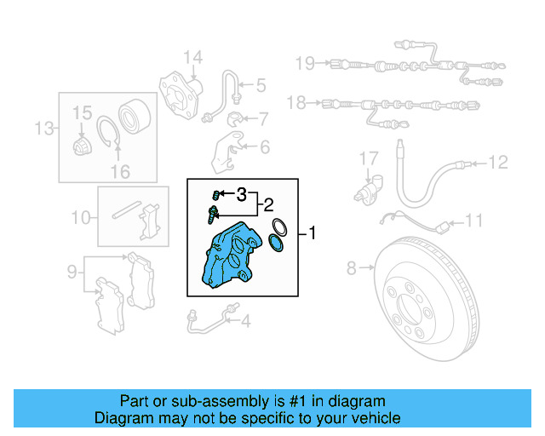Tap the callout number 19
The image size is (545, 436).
pos(304,62)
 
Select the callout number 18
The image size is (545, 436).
pos(295,104)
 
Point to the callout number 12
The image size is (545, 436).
pos(497,161)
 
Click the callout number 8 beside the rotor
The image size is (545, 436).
pos(352,270)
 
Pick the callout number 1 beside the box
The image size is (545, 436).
pos(313,232)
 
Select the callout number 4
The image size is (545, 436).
pos(245,321)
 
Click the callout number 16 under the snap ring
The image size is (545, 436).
pos(120,172)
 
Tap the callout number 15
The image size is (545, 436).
pos(81,112)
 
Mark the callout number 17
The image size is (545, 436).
pos(367,158)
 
